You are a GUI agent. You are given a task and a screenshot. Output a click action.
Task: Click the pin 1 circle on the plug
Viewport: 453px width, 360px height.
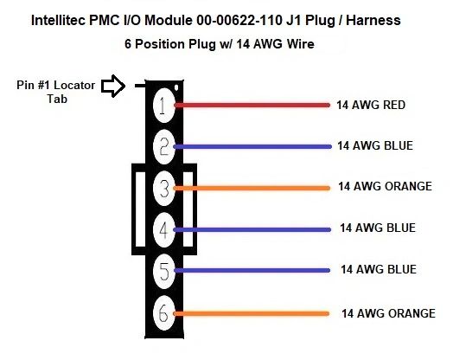[163, 106]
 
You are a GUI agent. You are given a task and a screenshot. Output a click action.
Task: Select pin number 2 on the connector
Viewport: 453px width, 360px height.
[163, 147]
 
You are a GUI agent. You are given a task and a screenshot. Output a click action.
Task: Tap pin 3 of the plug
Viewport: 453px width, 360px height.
[163, 189]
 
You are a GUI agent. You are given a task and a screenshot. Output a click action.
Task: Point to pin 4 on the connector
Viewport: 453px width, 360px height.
[163, 230]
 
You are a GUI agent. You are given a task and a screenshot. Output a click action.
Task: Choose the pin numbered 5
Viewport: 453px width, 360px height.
[163, 271]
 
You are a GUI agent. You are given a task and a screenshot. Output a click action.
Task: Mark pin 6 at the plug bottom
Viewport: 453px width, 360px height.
[163, 313]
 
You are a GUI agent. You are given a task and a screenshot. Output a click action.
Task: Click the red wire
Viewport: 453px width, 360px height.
[252, 106]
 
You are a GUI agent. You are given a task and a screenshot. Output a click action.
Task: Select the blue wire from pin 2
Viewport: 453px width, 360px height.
[252, 147]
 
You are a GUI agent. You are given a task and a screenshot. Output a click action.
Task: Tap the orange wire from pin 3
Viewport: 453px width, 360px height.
[252, 189]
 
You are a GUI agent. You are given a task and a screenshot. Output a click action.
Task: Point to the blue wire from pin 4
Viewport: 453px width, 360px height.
[252, 230]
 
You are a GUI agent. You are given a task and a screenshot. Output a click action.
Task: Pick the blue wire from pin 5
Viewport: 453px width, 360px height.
[252, 271]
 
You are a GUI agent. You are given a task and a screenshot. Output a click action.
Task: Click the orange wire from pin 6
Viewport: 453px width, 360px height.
[251, 313]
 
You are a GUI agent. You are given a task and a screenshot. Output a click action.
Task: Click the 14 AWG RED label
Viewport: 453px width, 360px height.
[371, 105]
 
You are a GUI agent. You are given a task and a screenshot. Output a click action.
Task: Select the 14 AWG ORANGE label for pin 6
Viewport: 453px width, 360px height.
[388, 313]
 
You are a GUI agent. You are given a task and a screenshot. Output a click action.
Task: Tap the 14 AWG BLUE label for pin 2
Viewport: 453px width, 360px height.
[375, 145]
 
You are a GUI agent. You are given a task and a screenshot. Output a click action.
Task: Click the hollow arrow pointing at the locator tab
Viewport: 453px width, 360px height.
[113, 86]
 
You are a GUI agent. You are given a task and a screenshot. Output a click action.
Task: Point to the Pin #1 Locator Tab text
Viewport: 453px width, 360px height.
[56, 92]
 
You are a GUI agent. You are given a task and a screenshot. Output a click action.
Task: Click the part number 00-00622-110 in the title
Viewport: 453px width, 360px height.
[239, 21]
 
